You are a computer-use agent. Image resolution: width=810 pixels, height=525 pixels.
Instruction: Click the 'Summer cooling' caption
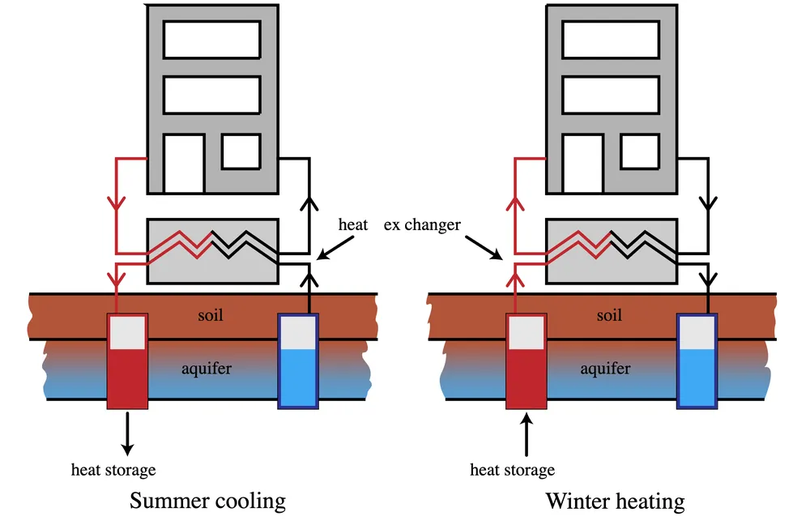click(207, 501)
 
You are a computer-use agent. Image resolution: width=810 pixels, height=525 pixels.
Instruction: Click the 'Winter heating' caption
click(615, 501)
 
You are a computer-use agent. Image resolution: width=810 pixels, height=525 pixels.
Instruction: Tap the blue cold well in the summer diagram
click(298, 361)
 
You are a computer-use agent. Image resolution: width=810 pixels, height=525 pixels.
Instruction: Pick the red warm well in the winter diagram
click(526, 361)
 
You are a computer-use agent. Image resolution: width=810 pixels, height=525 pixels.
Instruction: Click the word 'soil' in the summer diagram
click(211, 315)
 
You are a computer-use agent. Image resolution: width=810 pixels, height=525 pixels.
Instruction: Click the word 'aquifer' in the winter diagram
click(605, 369)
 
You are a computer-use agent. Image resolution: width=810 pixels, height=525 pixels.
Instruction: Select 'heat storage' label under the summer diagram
click(113, 469)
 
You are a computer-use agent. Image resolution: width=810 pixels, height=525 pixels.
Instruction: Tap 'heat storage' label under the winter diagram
click(512, 469)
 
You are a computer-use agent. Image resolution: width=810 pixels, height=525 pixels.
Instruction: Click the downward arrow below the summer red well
click(127, 433)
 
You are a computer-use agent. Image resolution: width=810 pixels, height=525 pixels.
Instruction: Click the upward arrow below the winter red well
click(526, 433)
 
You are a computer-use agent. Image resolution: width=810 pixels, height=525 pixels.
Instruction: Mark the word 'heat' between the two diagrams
click(353, 224)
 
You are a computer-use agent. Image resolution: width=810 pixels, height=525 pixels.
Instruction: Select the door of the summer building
click(184, 164)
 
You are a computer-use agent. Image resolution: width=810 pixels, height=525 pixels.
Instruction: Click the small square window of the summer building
click(241, 152)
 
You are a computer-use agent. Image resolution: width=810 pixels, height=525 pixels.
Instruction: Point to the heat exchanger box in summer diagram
click(212, 251)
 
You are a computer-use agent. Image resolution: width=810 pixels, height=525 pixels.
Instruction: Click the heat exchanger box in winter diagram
click(612, 251)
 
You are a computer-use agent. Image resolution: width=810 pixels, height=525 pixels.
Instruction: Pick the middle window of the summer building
click(212, 95)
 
